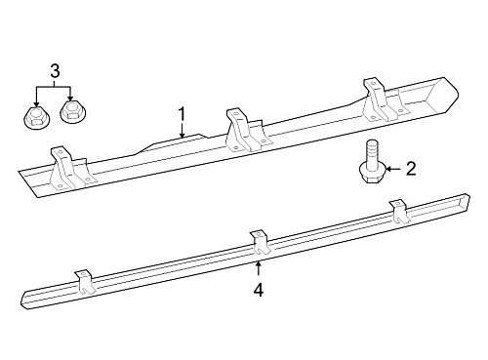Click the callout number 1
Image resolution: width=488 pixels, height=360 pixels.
coord(182,114)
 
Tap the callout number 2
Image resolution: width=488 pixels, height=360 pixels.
coord(411,169)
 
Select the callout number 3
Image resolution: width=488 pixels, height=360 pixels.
coord(55,71)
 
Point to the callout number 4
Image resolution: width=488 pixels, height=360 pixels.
coord(259,290)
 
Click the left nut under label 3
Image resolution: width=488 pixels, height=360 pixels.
coord(34,117)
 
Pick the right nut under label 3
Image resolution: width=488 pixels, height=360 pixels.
coord(70,112)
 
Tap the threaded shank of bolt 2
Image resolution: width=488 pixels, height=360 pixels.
coord(372,151)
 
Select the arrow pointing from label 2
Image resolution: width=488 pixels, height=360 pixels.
coord(394,169)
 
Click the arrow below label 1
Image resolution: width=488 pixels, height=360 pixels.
coord(182,130)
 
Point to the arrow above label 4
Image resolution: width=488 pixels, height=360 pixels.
coord(259,268)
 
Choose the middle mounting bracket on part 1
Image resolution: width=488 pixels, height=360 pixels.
coord(246,131)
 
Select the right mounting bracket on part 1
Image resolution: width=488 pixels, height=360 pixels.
coord(383,100)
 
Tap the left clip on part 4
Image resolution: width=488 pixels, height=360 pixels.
coord(85,282)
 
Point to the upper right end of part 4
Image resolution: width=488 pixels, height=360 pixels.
coord(468,197)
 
